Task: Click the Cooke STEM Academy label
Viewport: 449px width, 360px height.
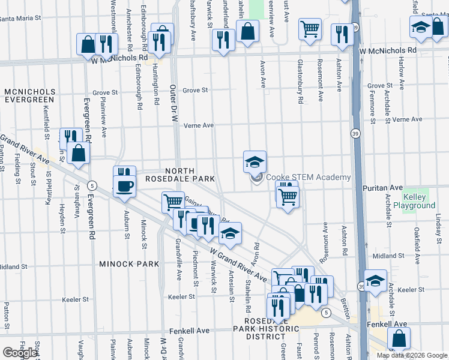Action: [x=308, y=177]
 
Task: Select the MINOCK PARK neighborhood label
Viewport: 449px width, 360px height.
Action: [x=130, y=263]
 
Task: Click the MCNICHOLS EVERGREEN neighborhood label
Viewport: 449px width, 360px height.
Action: [x=30, y=95]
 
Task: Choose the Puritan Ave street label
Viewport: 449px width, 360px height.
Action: [x=382, y=188]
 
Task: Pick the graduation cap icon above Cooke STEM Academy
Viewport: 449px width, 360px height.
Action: [x=255, y=161]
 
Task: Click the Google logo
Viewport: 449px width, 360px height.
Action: [x=20, y=353]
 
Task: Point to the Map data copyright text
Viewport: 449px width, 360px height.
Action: [x=412, y=355]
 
